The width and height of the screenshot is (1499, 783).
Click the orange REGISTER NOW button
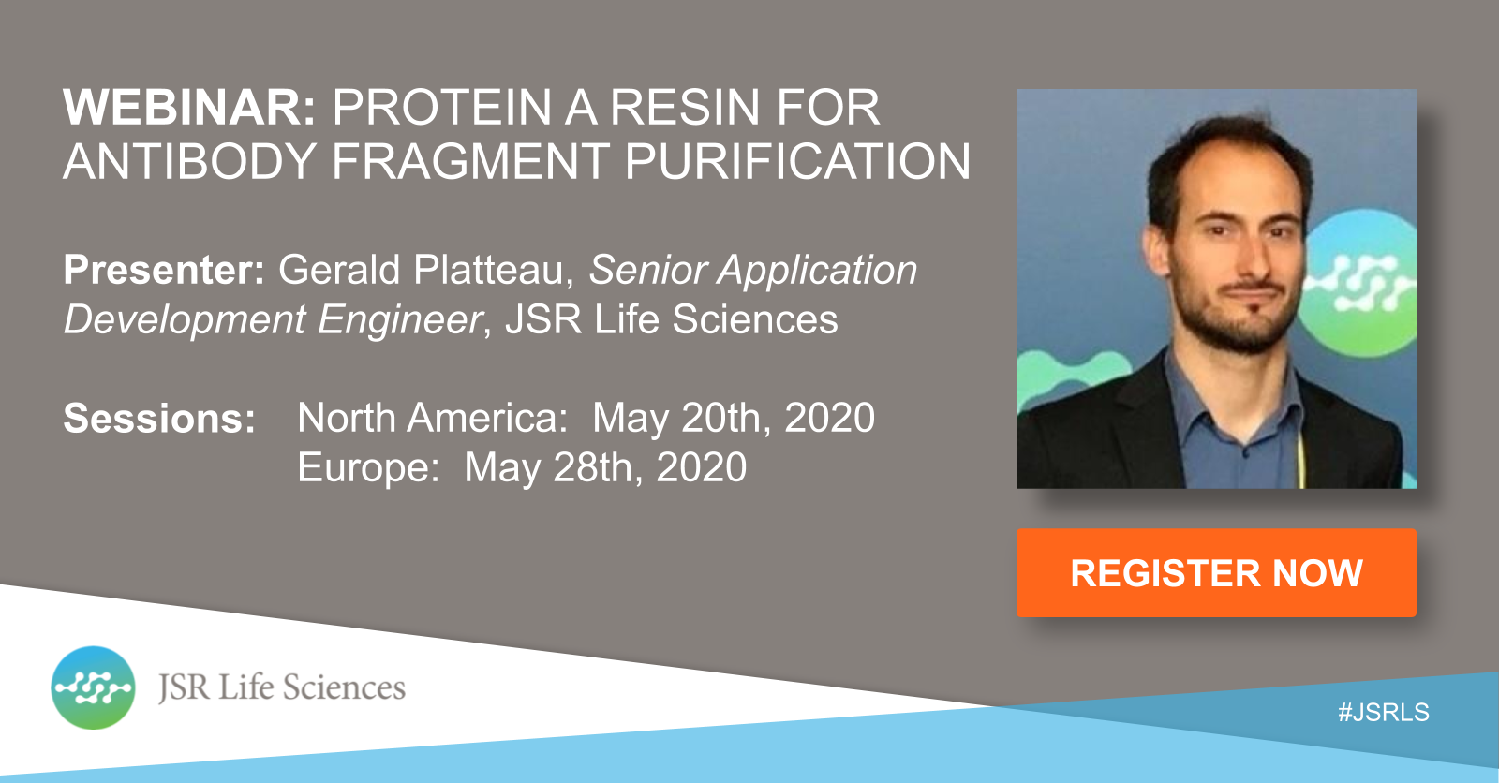[x=1216, y=573]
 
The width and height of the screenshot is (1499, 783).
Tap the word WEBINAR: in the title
[x=190, y=107]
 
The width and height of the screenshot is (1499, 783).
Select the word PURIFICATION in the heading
[x=797, y=161]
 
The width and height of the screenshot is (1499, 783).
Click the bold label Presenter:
[x=164, y=270]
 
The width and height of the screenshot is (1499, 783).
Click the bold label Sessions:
[x=159, y=419]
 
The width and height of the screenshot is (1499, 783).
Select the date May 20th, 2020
[x=734, y=419]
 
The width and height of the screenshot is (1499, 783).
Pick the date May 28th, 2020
[x=605, y=467]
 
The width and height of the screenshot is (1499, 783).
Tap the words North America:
[x=432, y=419]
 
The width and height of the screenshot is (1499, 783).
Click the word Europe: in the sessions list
[x=368, y=467]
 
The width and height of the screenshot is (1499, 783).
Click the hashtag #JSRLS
[x=1383, y=712]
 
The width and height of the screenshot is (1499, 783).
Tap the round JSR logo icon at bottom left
[x=93, y=687]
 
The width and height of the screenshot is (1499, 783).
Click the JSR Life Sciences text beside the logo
[x=282, y=687]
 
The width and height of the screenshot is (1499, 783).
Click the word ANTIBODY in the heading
[x=190, y=161]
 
